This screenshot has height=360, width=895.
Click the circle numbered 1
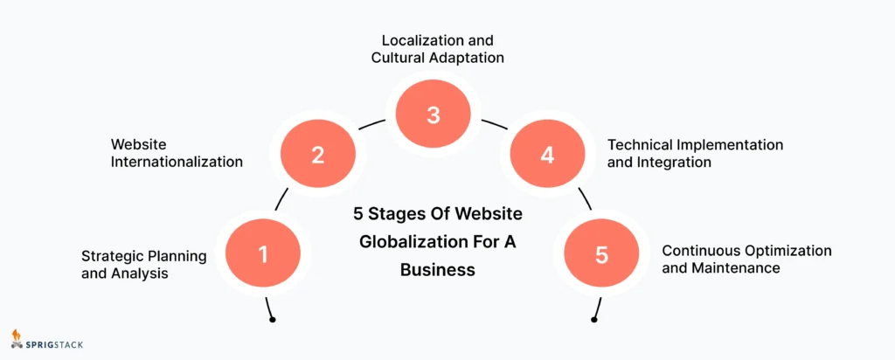(x=262, y=254)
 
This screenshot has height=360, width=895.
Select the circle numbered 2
(x=317, y=156)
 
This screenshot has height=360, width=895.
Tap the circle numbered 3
(x=434, y=114)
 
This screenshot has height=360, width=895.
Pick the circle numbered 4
(x=547, y=156)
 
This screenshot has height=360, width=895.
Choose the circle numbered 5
(x=601, y=254)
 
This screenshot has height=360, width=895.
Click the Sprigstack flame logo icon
(x=17, y=338)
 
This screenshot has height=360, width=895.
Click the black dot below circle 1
(x=273, y=320)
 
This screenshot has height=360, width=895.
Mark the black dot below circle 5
(x=593, y=320)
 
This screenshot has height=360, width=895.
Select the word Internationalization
(x=177, y=162)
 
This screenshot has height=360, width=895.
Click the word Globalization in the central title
(x=406, y=241)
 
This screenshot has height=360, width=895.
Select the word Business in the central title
(x=437, y=270)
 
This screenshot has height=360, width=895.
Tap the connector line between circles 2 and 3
(x=373, y=126)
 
